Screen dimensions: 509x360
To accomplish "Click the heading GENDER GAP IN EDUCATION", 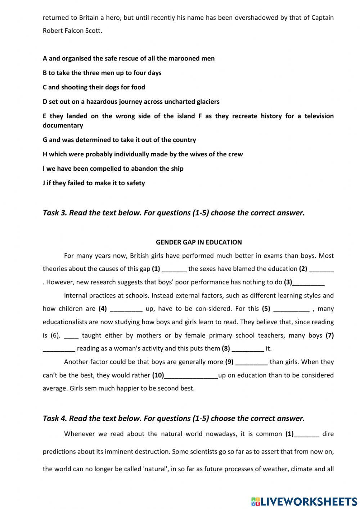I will pos(198,242).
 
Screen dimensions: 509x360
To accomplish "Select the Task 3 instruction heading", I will pos(174,213).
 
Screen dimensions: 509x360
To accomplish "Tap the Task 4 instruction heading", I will pos(174,419).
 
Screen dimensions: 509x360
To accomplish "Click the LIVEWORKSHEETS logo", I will pos(304,501).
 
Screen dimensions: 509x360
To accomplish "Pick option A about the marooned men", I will pos(129,58).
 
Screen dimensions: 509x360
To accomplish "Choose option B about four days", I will pos(102,73).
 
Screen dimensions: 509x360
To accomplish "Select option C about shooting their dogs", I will pos(94,87).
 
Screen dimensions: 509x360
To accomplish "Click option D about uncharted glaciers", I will pos(131,102).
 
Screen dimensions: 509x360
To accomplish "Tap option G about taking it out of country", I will pos(119,140).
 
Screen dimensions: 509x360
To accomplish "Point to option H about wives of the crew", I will pos(143,154).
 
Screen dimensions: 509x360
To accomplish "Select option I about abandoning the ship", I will pos(113,169).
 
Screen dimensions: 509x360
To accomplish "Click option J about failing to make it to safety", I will pos(94,183).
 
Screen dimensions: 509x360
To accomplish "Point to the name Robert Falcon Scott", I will pos(72,31).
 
